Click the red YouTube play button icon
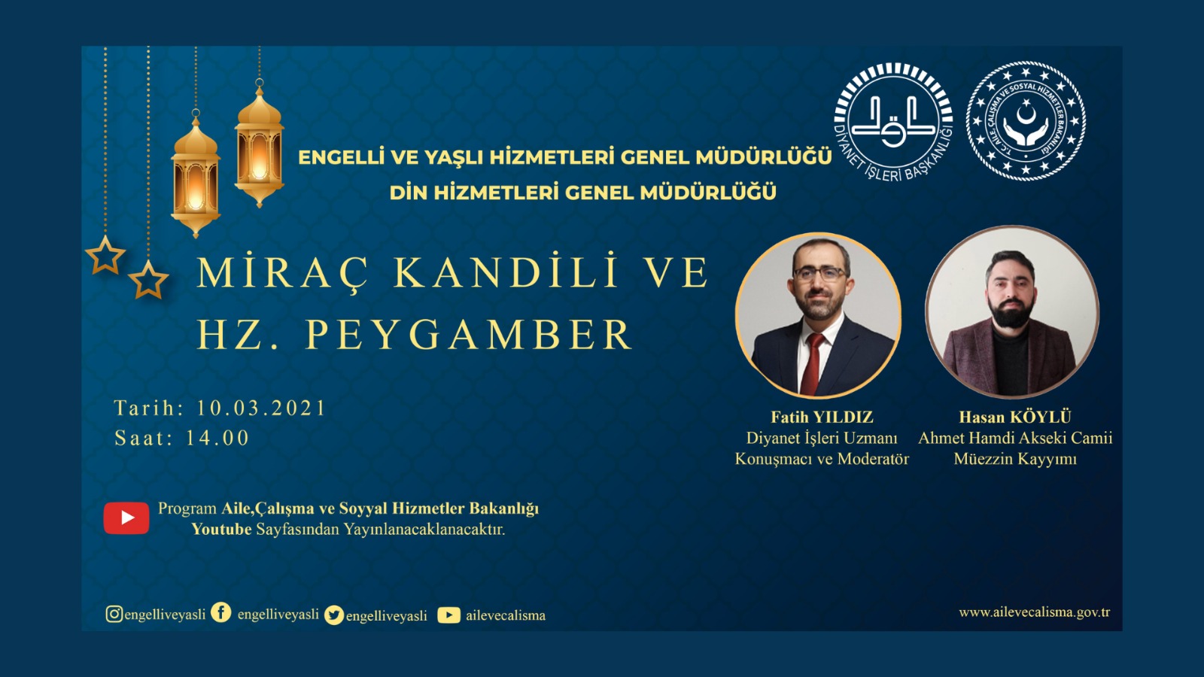[x=126, y=518]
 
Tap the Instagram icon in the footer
[x=114, y=614]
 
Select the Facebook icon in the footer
[x=220, y=612]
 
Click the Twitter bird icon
[x=334, y=615]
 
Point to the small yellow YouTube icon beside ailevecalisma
[x=448, y=615]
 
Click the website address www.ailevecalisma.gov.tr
[x=1034, y=612]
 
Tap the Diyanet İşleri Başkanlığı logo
[x=893, y=120]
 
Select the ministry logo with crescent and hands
[x=1026, y=120]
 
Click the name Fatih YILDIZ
[x=822, y=417]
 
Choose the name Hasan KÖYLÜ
[x=1014, y=417]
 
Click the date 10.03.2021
[x=261, y=408]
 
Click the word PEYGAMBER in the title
[x=468, y=335]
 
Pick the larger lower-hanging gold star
[x=148, y=281]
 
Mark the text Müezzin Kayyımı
[x=1014, y=459]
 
